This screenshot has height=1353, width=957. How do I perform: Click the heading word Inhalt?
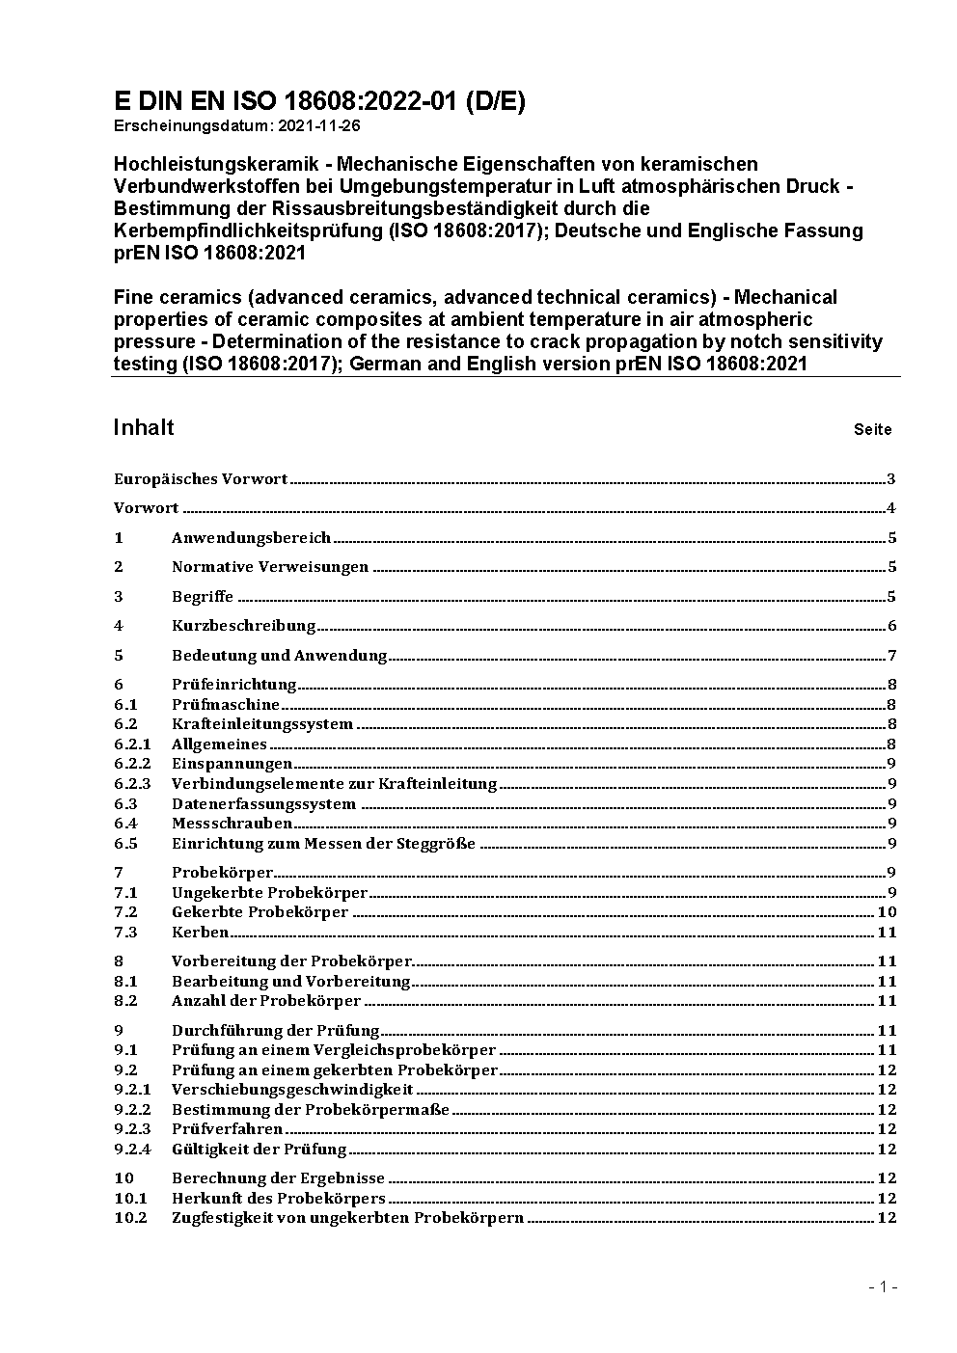144,427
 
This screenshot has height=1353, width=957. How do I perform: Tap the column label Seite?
872,429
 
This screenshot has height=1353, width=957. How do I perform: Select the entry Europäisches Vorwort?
201,479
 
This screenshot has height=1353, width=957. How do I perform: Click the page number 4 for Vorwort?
891,509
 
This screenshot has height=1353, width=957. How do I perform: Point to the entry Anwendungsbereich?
251,538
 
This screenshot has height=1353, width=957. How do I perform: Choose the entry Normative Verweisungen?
270,567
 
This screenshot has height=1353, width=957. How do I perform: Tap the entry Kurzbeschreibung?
244,626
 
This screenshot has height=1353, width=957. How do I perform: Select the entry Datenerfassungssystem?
263,804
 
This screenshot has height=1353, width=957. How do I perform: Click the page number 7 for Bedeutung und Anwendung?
891,656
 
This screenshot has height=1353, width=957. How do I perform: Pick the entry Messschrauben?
232,824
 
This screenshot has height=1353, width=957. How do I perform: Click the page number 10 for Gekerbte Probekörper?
887,912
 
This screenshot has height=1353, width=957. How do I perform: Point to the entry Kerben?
200,933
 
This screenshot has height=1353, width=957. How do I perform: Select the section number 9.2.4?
132,1150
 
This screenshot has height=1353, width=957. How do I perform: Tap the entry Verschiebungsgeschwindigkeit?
292,1090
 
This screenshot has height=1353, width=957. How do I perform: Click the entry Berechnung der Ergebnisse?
278,1178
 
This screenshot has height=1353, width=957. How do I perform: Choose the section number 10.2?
130,1218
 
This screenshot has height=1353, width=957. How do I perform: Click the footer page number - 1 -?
883,1286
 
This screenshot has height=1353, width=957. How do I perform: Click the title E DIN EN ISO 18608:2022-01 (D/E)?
319,101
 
